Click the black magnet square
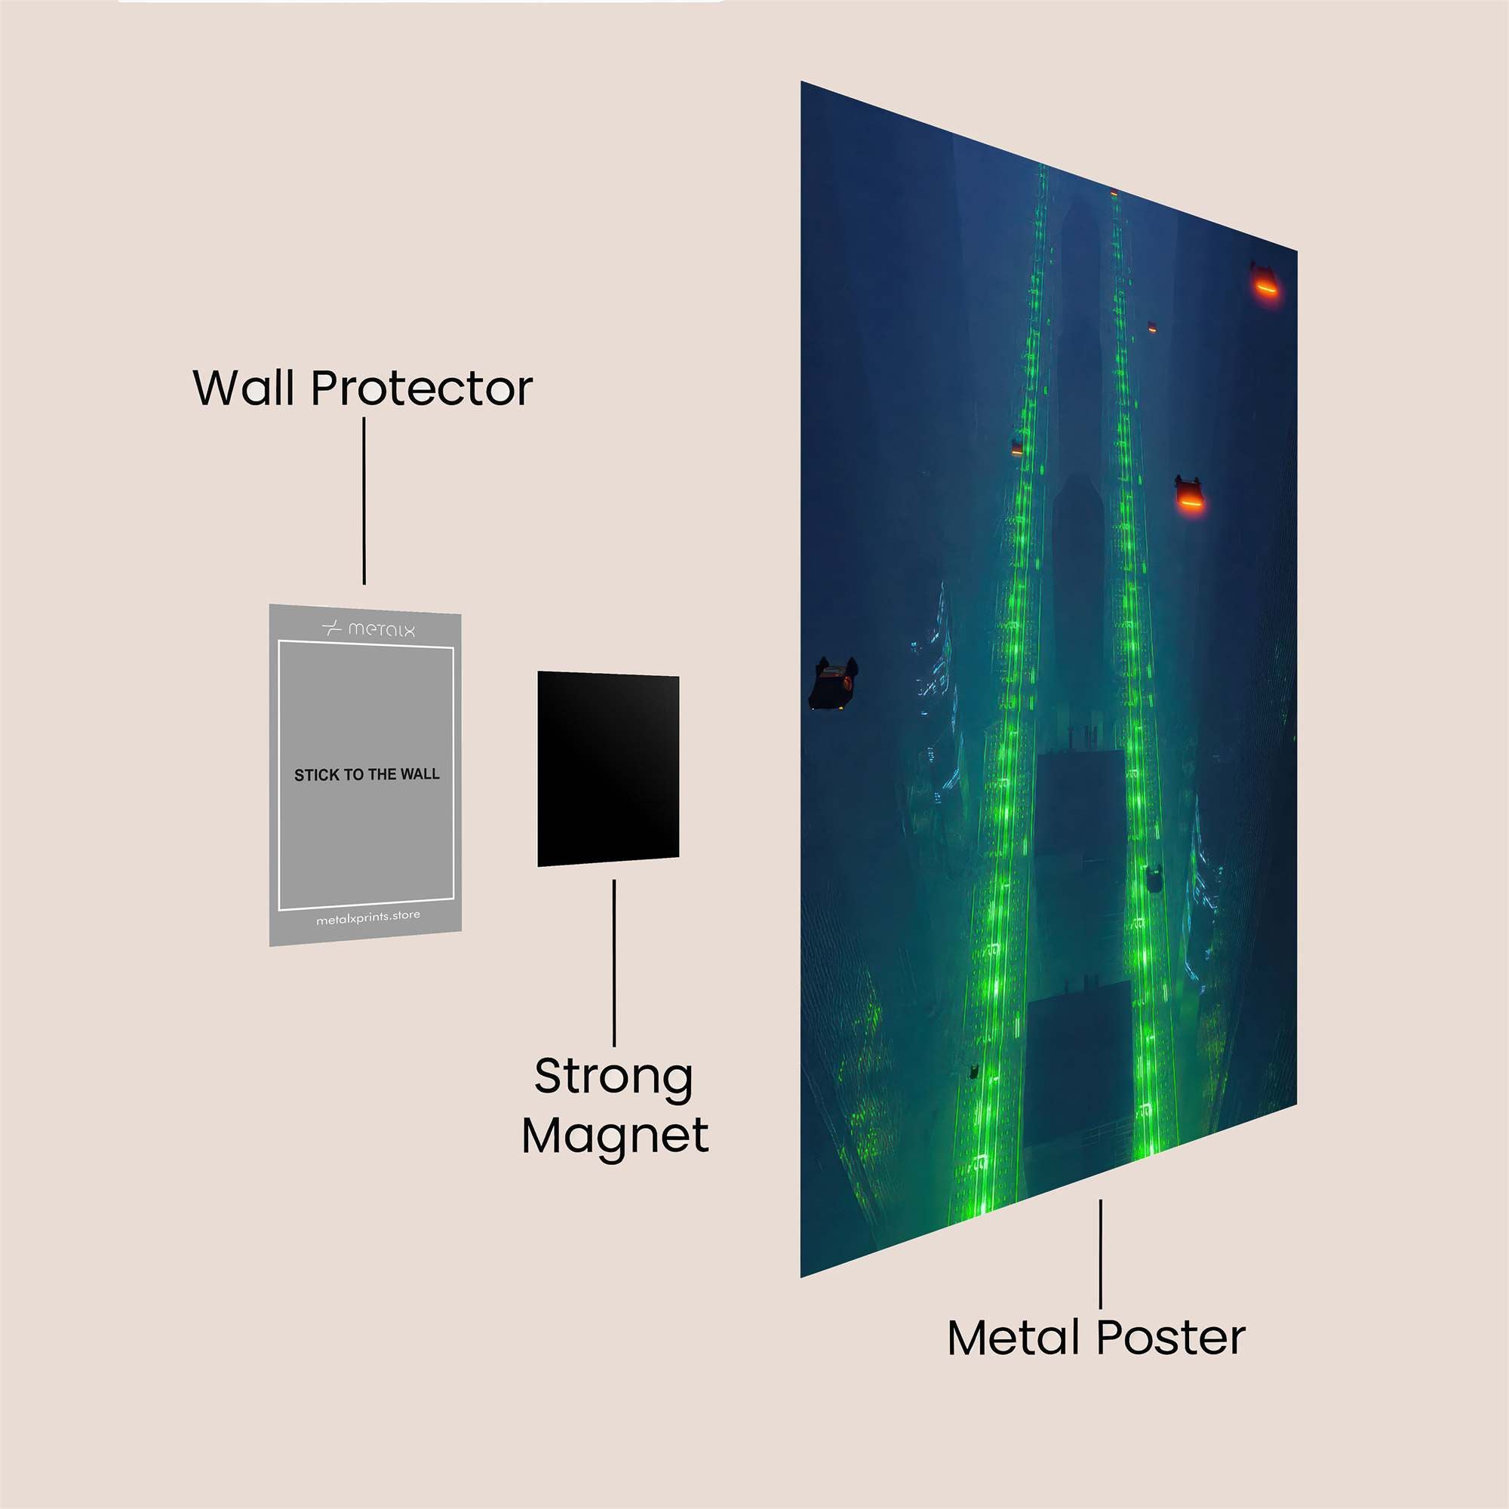tap(607, 769)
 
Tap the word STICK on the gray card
tap(317, 775)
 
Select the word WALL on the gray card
tap(420, 774)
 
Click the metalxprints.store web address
tap(368, 917)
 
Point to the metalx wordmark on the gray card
tap(381, 628)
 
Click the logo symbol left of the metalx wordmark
tap(332, 627)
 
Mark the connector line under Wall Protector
tap(364, 501)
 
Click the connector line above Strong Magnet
tap(614, 962)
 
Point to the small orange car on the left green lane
tap(1017, 447)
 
